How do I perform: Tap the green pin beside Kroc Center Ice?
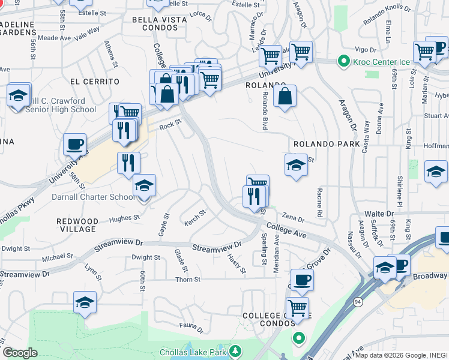[343, 61]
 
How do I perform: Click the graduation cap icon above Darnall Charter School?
[144, 185]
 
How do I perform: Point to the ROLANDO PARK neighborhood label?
[327, 145]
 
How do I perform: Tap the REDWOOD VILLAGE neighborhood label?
[77, 225]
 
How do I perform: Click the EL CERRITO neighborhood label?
[94, 81]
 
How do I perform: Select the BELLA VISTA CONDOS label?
[159, 20]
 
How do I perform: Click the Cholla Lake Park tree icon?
[237, 350]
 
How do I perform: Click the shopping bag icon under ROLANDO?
[285, 95]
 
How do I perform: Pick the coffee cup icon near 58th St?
[75, 144]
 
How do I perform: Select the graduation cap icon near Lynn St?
[85, 302]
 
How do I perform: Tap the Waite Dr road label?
[380, 214]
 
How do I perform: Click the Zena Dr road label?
[294, 220]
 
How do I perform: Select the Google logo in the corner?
[20, 353]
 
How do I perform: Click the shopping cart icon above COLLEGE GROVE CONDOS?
[297, 308]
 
